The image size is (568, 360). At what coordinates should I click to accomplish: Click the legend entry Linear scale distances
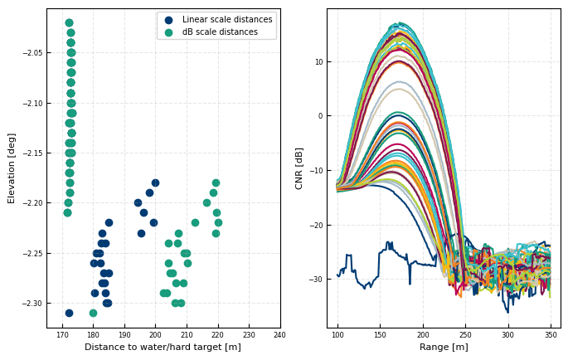[x=226, y=20]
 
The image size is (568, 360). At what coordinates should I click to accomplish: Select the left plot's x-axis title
[x=163, y=347]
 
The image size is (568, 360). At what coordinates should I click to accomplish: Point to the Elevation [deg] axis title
[x=12, y=168]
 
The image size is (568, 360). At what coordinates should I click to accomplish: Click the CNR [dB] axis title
[x=299, y=168]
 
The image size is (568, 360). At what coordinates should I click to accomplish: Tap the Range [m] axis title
[x=443, y=347]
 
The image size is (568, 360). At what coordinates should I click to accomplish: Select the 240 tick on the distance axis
[x=279, y=335]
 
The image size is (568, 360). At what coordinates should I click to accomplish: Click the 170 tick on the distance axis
[x=62, y=335]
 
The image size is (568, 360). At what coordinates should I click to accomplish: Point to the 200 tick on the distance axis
[x=155, y=335]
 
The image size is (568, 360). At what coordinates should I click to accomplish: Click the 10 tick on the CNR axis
[x=318, y=62]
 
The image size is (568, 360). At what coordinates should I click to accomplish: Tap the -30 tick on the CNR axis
[x=316, y=280]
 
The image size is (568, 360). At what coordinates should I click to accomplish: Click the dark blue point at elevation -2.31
[x=69, y=313]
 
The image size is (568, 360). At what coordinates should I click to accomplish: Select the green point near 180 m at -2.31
[x=93, y=313]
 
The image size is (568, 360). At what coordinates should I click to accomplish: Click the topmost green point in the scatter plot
[x=69, y=23]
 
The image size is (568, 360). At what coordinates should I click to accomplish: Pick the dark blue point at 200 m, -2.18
[x=155, y=182]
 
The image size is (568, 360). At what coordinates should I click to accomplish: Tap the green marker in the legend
[x=169, y=32]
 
